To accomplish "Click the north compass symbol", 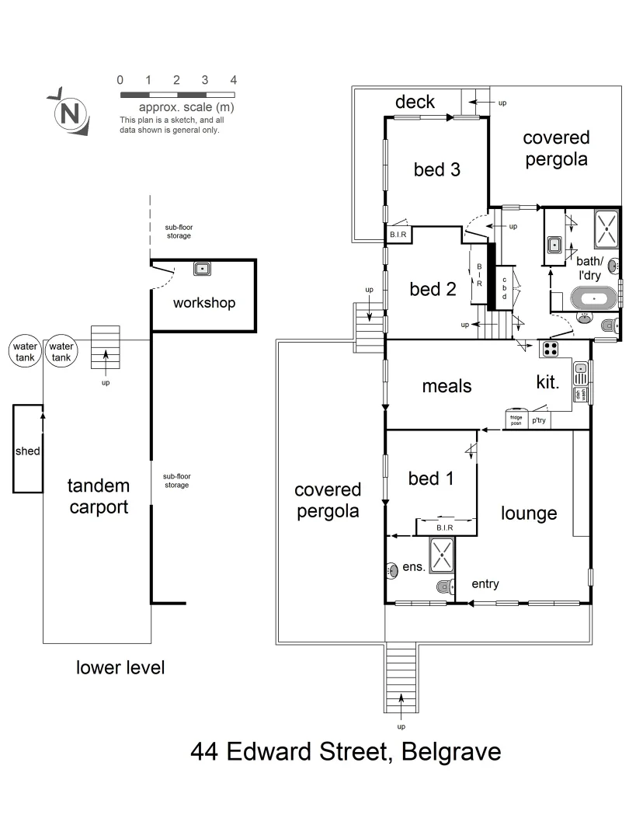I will (x=69, y=113).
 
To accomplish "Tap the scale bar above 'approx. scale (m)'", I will (x=177, y=94).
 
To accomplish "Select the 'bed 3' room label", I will (x=436, y=169).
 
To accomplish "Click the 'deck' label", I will (x=415, y=103).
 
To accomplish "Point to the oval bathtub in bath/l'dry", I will (x=594, y=298).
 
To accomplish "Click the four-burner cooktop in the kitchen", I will (x=551, y=350).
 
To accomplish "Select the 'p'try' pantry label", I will (x=538, y=420).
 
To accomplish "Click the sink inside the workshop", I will (x=203, y=269).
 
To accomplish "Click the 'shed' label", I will (x=27, y=451).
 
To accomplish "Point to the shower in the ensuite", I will (x=441, y=555).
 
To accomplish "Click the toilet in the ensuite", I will (x=444, y=587).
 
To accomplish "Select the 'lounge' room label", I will (x=529, y=513).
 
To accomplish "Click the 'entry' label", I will (x=485, y=584).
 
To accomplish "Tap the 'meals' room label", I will (x=447, y=385).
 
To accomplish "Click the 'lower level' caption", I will (x=120, y=667).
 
